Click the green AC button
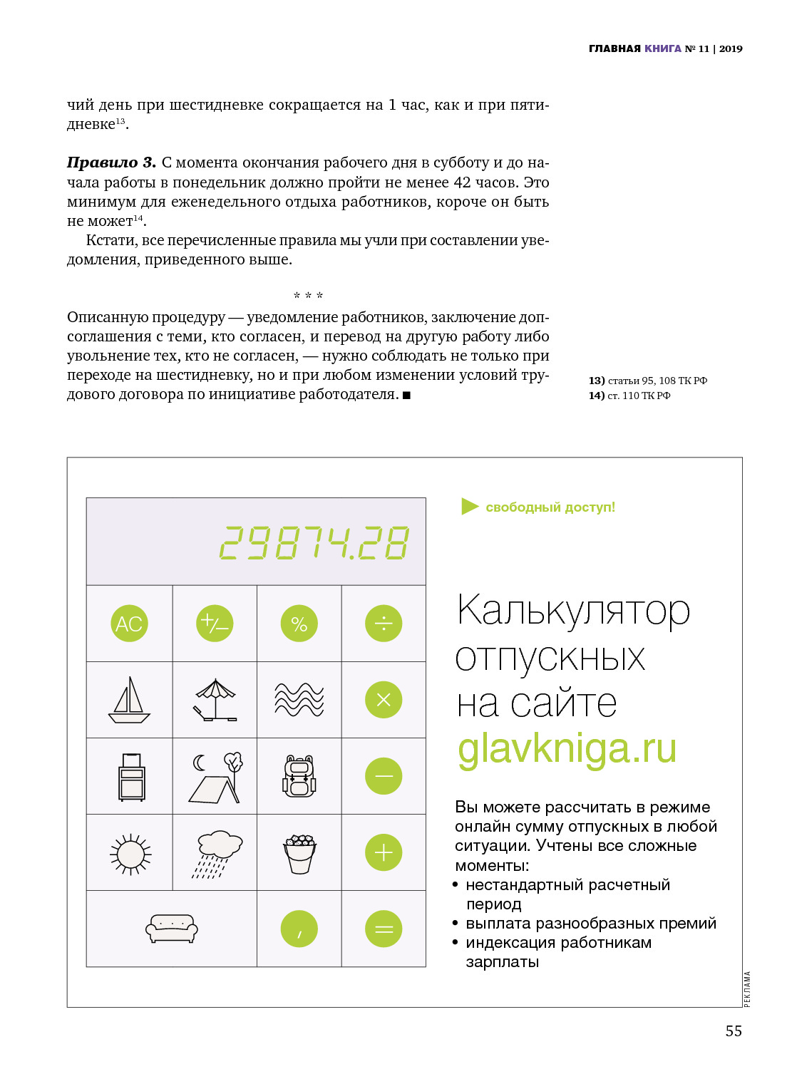[129, 624]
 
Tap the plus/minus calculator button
[214, 624]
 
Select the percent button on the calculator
[299, 624]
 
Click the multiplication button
[384, 700]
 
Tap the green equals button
[384, 929]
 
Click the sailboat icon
[129, 700]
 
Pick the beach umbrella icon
[215, 700]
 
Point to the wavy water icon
[299, 700]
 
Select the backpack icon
[299, 776]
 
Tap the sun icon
[130, 853]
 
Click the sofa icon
[171, 929]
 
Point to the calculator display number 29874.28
[314, 543]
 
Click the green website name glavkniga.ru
[567, 749]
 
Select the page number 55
[734, 1031]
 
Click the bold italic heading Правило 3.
[111, 162]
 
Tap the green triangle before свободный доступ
[469, 507]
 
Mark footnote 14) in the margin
[596, 396]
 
